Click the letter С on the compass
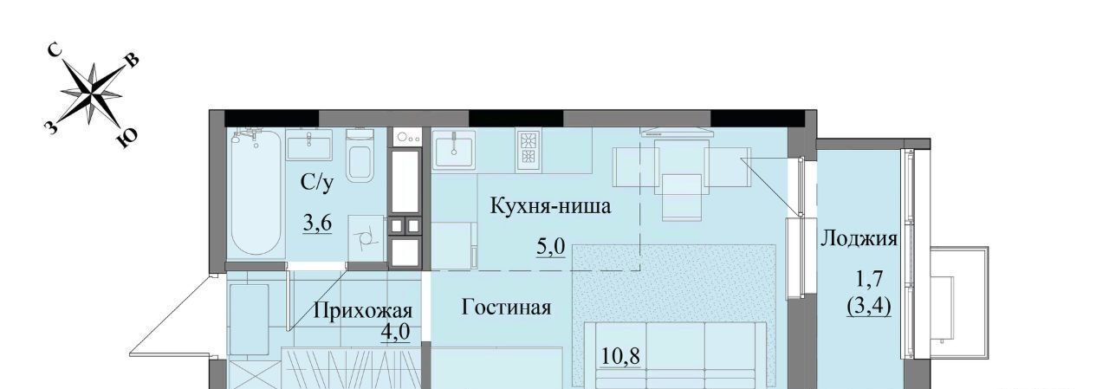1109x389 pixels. click(55, 50)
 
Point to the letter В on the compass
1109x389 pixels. click(132, 60)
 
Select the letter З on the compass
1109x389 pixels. click(50, 127)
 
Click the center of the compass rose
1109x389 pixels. click(92, 93)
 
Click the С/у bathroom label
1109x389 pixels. click(317, 183)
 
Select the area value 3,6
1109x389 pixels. click(317, 224)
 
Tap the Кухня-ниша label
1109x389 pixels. click(550, 206)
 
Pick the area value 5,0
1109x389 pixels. click(550, 246)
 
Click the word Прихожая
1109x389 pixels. click(363, 311)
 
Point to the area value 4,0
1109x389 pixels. click(395, 332)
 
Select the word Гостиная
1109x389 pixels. click(506, 308)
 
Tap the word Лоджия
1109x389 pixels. click(859, 239)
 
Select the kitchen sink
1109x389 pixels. click(453, 151)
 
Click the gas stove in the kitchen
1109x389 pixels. click(528, 151)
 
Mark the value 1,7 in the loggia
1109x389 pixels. click(869, 279)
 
